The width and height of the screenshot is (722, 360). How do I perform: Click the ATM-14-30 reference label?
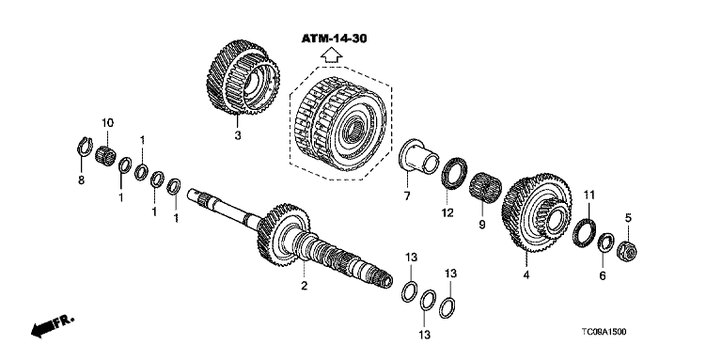335,39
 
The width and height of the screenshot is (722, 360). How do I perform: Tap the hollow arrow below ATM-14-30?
332,55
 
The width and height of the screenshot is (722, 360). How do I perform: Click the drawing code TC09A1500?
604,332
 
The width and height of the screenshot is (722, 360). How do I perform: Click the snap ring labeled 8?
84,147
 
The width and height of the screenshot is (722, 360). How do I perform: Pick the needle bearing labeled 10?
105,155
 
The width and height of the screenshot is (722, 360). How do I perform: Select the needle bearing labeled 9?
486,188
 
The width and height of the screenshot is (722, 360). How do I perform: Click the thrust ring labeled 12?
454,173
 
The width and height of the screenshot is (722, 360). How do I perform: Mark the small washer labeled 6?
605,243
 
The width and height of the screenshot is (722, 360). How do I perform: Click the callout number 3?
237,135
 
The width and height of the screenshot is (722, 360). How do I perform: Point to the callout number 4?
526,275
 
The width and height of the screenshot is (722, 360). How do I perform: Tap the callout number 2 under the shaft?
304,286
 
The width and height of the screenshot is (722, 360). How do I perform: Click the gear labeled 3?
243,77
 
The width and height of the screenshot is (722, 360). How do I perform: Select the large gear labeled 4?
537,212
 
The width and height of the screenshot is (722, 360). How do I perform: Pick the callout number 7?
407,196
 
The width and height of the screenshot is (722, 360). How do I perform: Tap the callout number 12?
447,212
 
